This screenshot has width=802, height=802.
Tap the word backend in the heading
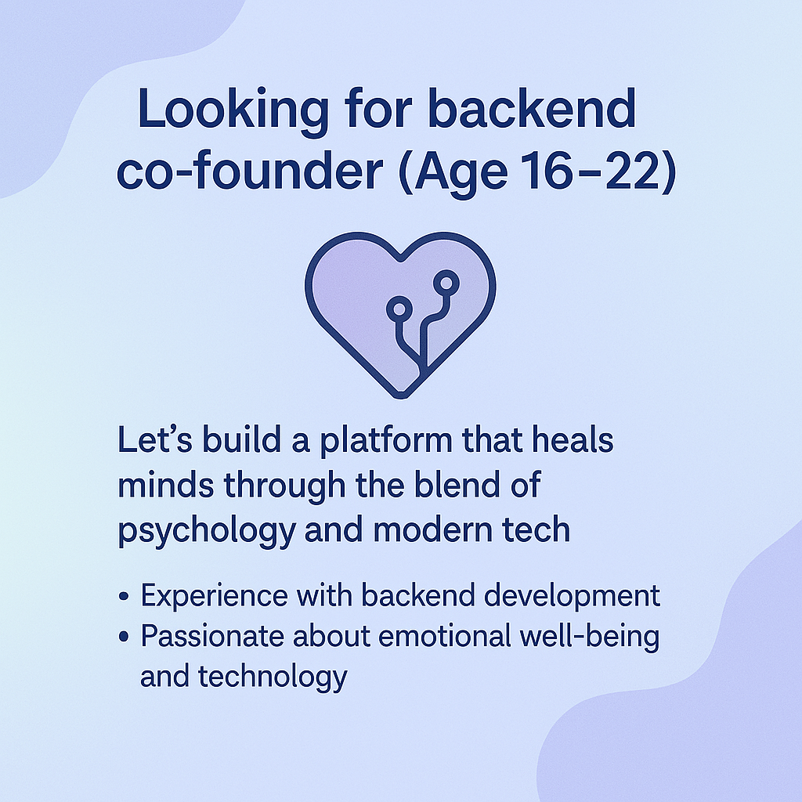pyautogui.click(x=532, y=108)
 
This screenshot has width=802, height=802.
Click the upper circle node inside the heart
pyautogui.click(x=446, y=282)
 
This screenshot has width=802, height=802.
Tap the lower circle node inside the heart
pyautogui.click(x=399, y=309)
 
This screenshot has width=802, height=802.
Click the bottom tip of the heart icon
pyautogui.click(x=401, y=397)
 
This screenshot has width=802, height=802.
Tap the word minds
pyautogui.click(x=166, y=484)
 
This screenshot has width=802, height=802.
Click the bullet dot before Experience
pyautogui.click(x=123, y=596)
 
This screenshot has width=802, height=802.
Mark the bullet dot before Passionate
pyautogui.click(x=123, y=637)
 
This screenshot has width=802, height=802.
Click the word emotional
pyautogui.click(x=445, y=636)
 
